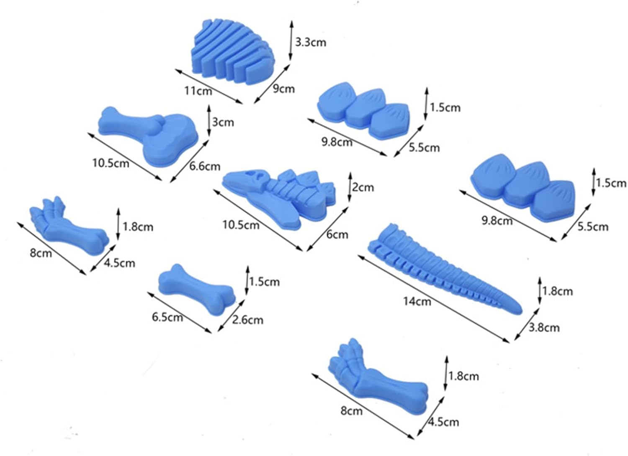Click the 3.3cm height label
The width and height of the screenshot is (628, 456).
[x=311, y=43]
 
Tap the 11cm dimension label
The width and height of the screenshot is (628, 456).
[x=198, y=91]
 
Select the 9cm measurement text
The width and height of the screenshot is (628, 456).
[x=284, y=89]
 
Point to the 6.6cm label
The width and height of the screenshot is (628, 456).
[x=205, y=166]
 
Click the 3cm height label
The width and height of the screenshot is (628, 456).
[x=223, y=122]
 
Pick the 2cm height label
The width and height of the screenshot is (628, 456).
[x=363, y=187]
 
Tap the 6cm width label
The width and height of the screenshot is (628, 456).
[x=337, y=234]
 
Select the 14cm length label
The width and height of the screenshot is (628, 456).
[x=417, y=301]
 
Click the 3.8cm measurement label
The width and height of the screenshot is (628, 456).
[x=544, y=328]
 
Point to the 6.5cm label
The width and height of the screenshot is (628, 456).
[x=167, y=317]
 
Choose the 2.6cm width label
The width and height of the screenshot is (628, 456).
[x=247, y=320]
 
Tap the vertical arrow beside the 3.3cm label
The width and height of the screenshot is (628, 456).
[x=291, y=40]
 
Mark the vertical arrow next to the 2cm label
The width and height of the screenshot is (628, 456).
[x=350, y=187]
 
